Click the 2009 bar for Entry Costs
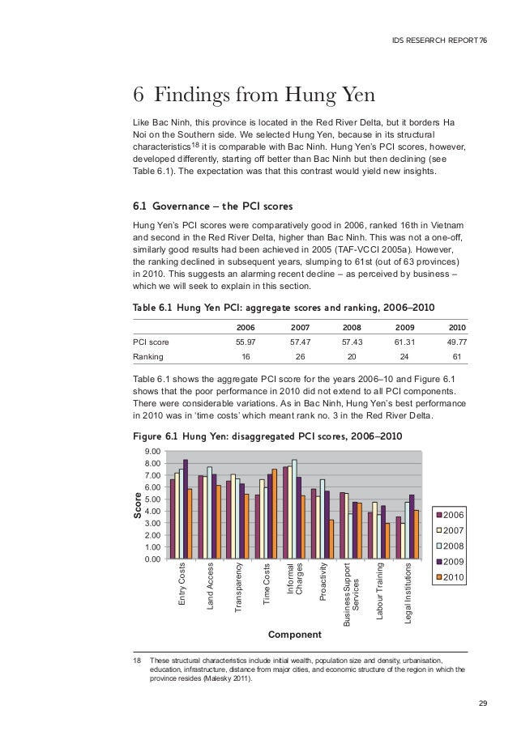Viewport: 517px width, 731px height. coord(186,509)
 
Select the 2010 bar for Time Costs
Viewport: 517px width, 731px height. coord(275,514)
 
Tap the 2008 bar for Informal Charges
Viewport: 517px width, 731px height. coord(294,509)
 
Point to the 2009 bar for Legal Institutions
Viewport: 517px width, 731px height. coord(412,527)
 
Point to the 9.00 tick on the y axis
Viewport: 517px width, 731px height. coord(151,451)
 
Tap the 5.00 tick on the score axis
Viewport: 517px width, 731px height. coord(151,499)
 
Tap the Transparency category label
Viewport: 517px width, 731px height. coord(239,586)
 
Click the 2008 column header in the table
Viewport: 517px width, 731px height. coord(352,326)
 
